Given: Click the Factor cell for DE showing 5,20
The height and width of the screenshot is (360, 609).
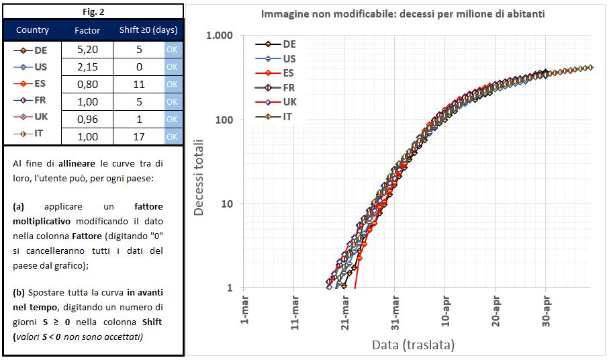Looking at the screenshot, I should (87, 50).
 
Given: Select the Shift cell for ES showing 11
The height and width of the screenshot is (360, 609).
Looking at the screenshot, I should (139, 85).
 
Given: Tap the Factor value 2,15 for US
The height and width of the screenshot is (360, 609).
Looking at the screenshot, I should (87, 67).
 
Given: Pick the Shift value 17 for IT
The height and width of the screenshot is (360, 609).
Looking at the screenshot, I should (139, 134).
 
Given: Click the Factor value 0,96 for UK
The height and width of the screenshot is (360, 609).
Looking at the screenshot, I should (87, 118).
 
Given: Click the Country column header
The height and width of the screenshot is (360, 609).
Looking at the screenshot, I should (32, 30).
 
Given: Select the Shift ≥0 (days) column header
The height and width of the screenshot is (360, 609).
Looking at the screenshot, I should (148, 30).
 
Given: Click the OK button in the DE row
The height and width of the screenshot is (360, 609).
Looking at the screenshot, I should (172, 50).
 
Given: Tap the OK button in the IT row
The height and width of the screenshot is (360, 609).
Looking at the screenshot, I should (172, 134).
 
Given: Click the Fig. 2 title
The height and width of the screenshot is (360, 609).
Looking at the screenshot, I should (92, 11).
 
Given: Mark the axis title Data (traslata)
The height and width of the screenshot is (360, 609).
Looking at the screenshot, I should (414, 345).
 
